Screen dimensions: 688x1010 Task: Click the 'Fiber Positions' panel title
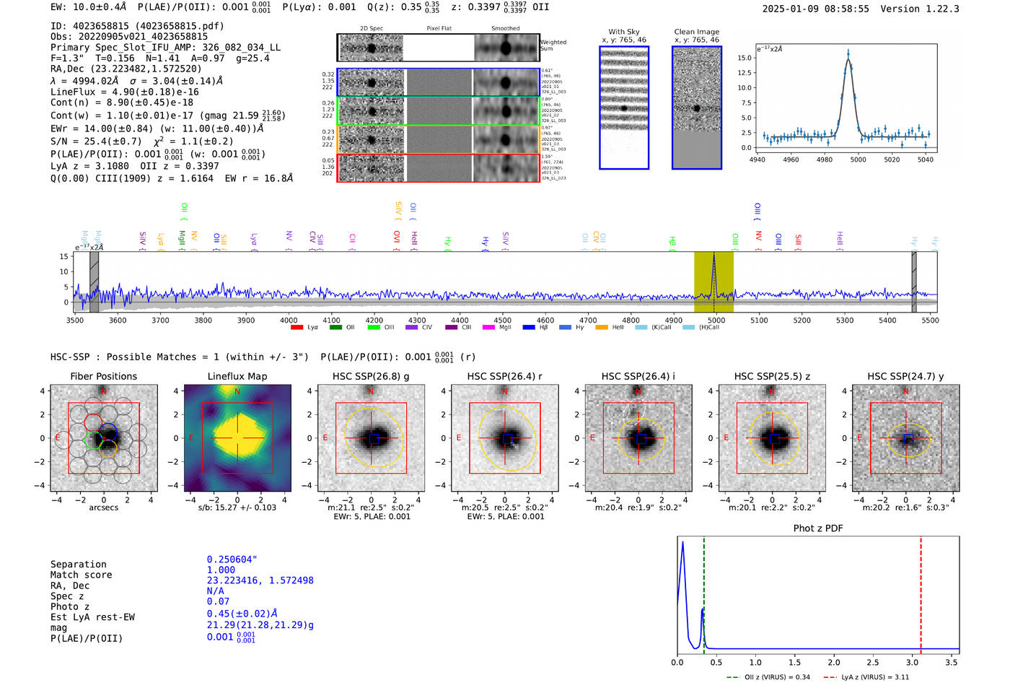coord(103,376)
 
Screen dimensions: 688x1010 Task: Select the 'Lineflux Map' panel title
coord(237,376)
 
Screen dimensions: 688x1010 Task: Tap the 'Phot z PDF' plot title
coord(818,528)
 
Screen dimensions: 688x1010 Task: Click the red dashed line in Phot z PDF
coord(921,592)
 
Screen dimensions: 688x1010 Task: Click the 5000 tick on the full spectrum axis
coord(716,321)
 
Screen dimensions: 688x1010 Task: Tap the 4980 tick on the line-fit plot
coord(825,160)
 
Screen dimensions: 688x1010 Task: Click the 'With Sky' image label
coord(624,32)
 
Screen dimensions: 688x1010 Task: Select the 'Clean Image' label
coord(696,32)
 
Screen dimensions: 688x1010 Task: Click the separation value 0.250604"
coord(232,559)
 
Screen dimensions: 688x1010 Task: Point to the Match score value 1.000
coord(221,570)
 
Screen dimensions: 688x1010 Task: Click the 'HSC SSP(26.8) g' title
coord(371,376)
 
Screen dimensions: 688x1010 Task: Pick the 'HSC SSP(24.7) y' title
coord(905,376)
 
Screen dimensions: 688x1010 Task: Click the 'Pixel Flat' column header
coord(439,29)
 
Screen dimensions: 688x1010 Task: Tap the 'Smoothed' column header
coord(505,29)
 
